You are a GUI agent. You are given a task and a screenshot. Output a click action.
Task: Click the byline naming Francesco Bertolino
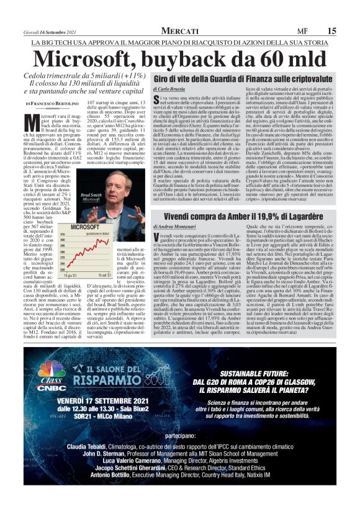point(53,102)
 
